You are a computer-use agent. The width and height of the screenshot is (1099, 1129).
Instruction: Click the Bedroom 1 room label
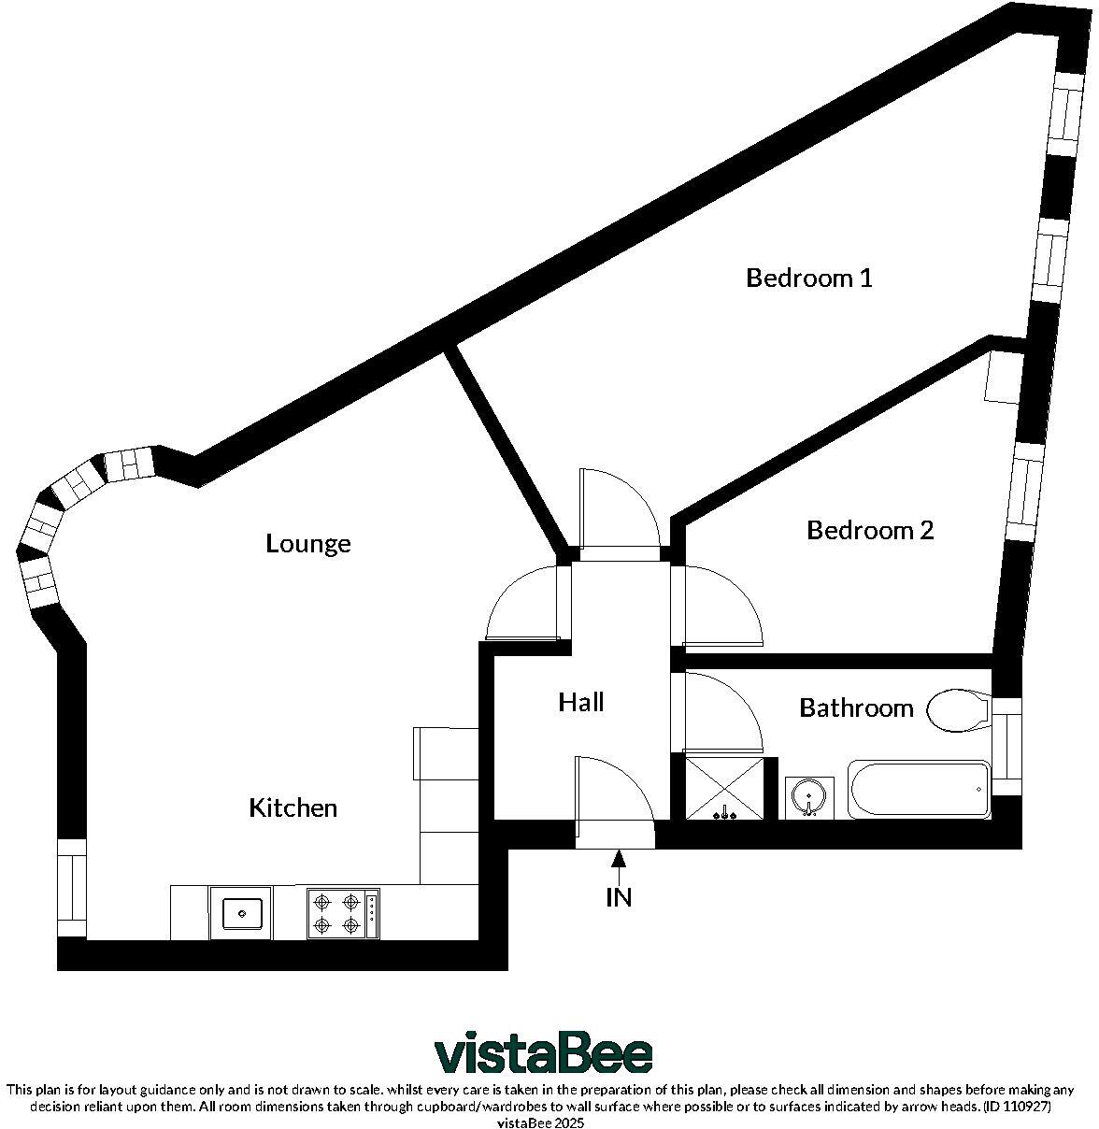tap(808, 278)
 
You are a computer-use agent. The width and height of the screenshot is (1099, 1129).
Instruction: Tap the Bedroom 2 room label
tap(869, 531)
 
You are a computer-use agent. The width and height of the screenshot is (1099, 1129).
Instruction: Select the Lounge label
tap(308, 543)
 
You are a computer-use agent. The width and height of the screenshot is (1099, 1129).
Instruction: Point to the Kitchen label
tap(293, 807)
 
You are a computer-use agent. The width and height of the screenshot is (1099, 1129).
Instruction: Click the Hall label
tap(581, 702)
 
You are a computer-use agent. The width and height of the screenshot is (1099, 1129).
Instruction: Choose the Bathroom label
tap(856, 707)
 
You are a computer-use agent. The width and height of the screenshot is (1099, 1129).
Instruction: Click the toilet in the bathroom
tap(958, 709)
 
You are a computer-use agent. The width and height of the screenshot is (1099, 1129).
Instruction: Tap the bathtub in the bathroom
tap(919, 790)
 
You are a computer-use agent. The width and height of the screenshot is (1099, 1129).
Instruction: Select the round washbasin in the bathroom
tap(806, 796)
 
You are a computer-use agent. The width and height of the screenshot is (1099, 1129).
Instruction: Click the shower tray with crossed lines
tap(724, 789)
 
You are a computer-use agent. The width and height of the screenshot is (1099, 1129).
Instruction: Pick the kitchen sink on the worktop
tap(241, 911)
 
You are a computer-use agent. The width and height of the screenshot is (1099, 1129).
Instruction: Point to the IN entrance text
tap(619, 897)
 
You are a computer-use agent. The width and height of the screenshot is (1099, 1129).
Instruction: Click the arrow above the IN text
tap(618, 862)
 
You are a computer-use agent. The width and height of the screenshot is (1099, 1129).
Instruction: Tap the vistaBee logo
tap(543, 1054)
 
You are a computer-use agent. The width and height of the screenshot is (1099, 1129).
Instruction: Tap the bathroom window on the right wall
tap(1006, 746)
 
